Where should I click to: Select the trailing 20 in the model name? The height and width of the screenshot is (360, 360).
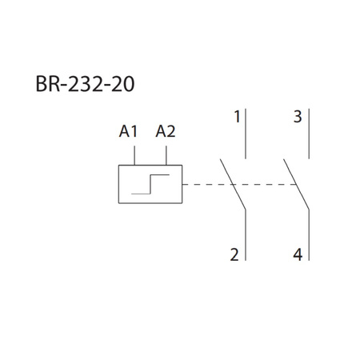(x=132, y=84)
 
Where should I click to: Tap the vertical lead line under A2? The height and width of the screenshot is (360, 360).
(x=166, y=153)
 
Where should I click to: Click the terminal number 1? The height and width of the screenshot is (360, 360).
(x=237, y=118)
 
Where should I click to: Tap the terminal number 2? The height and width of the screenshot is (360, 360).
(x=234, y=256)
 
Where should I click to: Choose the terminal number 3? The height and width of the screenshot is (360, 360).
(x=297, y=118)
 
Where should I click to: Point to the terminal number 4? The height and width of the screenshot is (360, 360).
(x=298, y=256)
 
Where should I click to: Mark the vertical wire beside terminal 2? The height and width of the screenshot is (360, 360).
(x=246, y=237)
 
